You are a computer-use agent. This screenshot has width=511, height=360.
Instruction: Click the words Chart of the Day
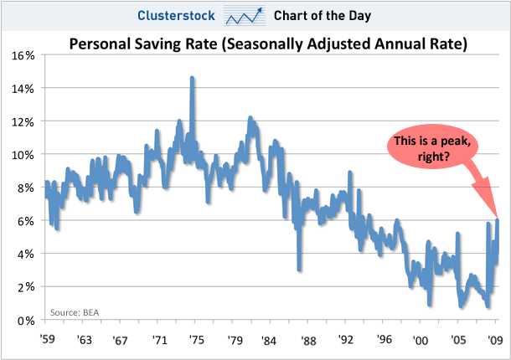[323, 14]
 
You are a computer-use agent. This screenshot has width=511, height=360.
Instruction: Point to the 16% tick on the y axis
[23, 55]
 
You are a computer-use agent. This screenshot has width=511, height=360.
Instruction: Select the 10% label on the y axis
[23, 155]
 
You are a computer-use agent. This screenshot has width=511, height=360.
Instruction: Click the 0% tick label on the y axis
[25, 320]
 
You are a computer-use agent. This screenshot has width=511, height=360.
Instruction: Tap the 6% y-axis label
[25, 221]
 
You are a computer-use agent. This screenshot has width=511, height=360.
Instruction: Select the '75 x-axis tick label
[198, 341]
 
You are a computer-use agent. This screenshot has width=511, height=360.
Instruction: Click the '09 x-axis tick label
[496, 341]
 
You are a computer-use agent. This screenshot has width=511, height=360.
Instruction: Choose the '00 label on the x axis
[421, 341]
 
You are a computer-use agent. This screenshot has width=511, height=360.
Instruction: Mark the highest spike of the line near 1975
[193, 78]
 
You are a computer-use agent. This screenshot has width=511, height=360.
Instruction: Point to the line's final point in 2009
[498, 221]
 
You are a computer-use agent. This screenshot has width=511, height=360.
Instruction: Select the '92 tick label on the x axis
[347, 341]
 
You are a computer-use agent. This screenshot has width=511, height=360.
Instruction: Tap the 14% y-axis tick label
[23, 89]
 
